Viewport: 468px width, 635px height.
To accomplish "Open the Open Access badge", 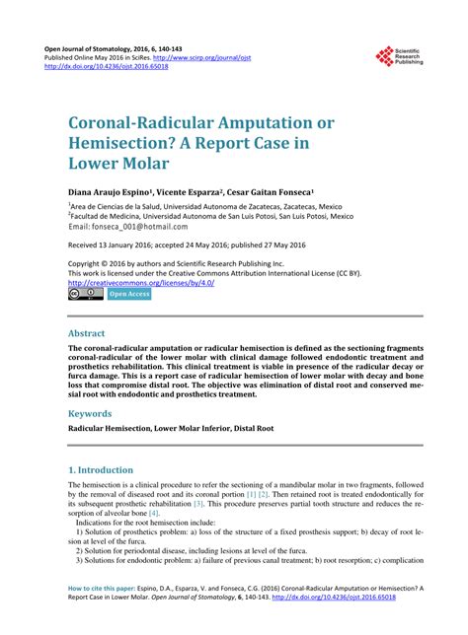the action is click(128, 294).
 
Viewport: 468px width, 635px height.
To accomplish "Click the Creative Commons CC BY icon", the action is click(86, 294).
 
